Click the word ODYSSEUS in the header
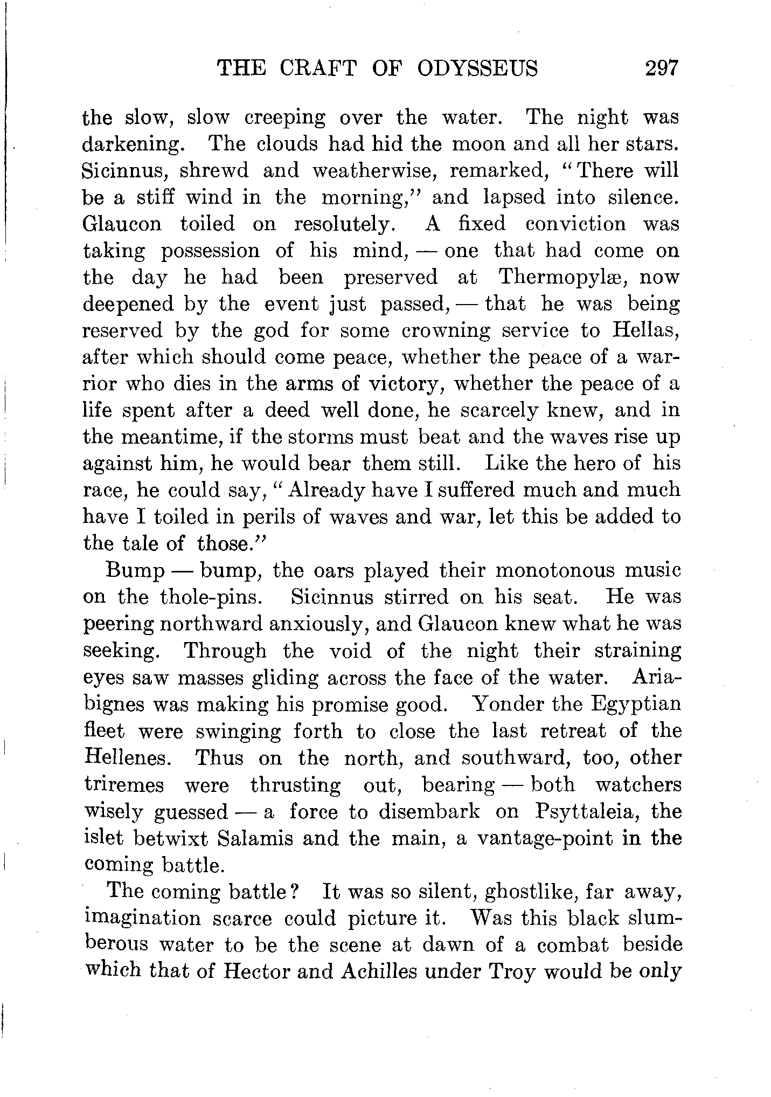click(477, 68)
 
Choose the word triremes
click(124, 785)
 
